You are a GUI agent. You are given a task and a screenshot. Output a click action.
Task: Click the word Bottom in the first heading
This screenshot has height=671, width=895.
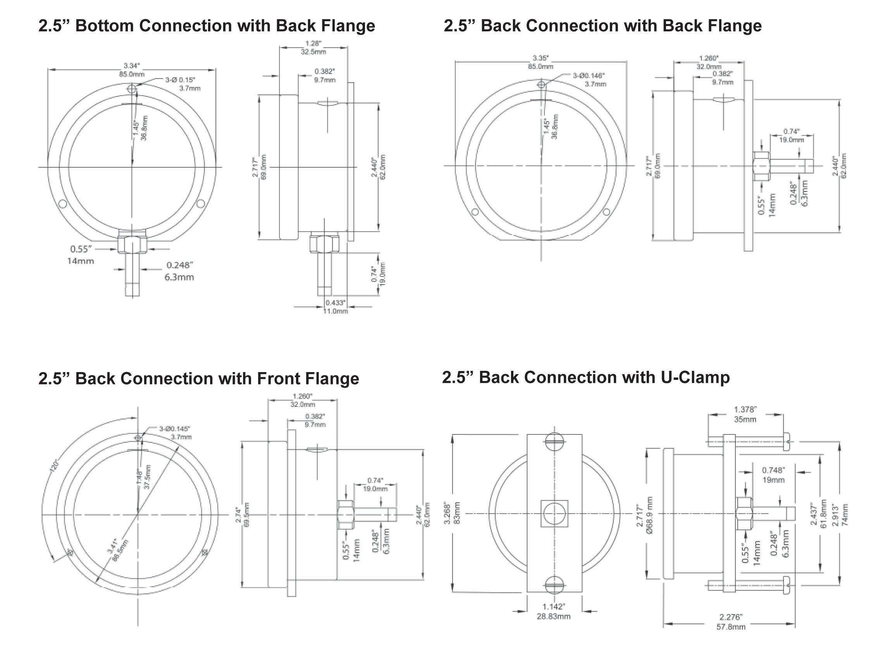coord(104,26)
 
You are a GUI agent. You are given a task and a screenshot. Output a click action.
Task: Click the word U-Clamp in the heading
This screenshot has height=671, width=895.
coord(695,378)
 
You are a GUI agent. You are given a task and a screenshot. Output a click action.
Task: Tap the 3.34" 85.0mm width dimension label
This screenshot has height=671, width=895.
coord(131,70)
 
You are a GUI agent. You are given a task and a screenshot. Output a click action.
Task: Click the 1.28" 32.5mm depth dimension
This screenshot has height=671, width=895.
coord(313,47)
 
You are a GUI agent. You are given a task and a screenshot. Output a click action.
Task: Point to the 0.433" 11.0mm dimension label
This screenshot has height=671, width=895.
coord(336,307)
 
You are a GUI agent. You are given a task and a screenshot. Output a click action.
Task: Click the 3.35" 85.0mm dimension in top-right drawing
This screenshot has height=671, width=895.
coord(540,62)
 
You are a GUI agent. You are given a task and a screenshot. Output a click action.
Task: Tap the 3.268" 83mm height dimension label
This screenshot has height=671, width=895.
coord(452,513)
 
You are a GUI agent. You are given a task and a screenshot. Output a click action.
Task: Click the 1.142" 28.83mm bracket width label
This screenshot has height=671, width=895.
coord(554,611)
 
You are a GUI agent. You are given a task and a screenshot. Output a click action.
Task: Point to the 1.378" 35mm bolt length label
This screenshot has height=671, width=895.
coord(745,415)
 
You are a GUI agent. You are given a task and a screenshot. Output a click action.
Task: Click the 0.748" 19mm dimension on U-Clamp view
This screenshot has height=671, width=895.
coord(773,475)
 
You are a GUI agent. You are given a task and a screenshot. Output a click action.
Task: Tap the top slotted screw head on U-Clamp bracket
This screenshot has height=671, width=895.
coord(554,442)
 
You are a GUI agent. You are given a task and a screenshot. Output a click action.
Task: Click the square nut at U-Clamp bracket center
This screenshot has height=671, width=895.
coord(554,514)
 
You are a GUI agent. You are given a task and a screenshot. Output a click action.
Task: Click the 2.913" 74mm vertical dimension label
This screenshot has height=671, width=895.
coord(840,515)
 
